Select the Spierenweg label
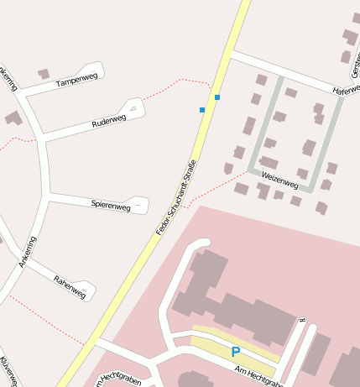(111, 205)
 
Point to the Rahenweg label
(70, 286)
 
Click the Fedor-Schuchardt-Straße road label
(176, 197)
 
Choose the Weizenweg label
(279, 179)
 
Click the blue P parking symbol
(236, 353)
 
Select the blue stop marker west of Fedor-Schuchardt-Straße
(202, 110)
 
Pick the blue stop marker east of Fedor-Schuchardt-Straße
(217, 98)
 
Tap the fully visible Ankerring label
(28, 252)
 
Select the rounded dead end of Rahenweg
(89, 291)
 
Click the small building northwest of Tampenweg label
(44, 74)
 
